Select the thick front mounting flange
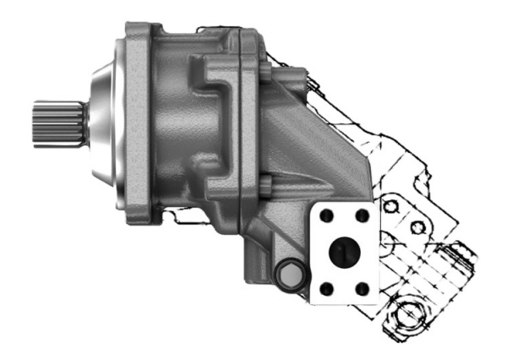pos(138,127)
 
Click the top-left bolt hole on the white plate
pos(330,215)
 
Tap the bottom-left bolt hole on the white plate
pos(330,288)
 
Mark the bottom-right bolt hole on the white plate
pos(363,288)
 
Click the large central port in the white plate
pos(346,252)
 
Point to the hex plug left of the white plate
pos(287,275)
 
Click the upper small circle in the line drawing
pos(390,205)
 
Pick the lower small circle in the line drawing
pos(416,226)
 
